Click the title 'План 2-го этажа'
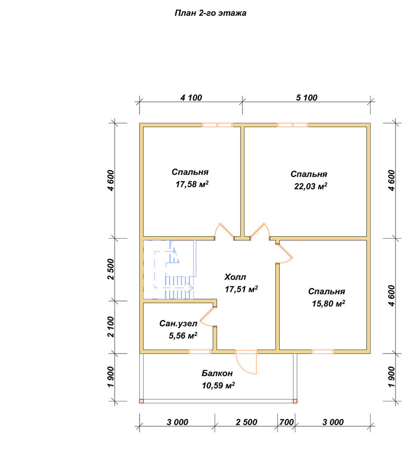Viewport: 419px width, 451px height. pos(210,13)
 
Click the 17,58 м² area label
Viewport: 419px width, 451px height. pos(192,184)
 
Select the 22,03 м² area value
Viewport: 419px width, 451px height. pos(311,186)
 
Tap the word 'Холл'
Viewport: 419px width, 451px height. pos(235,277)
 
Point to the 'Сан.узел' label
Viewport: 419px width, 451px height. pos(178,323)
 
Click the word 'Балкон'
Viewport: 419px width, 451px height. pos(217,373)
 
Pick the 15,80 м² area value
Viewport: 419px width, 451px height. pos(329,304)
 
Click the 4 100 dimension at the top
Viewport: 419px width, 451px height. pos(191,98)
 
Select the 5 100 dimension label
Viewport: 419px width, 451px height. pos(307,98)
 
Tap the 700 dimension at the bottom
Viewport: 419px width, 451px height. pos(287,422)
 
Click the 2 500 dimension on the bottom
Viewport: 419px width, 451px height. pos(247,422)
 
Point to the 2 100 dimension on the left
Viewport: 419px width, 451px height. pos(111,327)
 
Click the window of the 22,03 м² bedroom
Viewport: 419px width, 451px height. pos(293,125)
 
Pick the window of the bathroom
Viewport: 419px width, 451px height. pos(199,351)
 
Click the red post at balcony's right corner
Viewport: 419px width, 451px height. pos(295,401)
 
